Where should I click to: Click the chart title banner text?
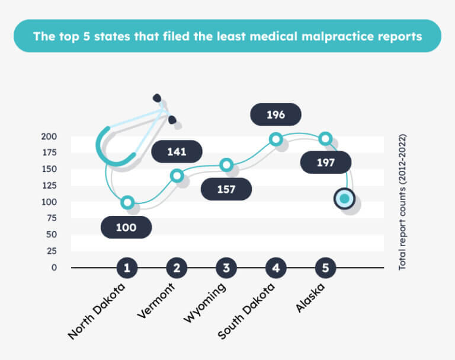[x=227, y=36]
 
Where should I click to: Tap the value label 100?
[x=126, y=227]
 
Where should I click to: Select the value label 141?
[x=177, y=151]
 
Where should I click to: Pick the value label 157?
[x=226, y=189]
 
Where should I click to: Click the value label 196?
[x=275, y=114]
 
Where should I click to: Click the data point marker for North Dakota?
[x=127, y=202]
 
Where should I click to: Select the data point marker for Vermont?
[x=177, y=176]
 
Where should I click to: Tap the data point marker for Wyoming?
[x=226, y=165]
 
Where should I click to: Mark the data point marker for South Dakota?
[x=275, y=139]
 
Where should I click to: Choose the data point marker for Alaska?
[x=325, y=139]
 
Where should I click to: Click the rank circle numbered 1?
[x=127, y=268]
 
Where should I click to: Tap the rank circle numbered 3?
[x=226, y=268]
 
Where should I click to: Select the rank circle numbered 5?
[x=325, y=268]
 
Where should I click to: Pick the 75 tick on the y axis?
[x=52, y=218]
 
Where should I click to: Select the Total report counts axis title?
[x=402, y=202]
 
